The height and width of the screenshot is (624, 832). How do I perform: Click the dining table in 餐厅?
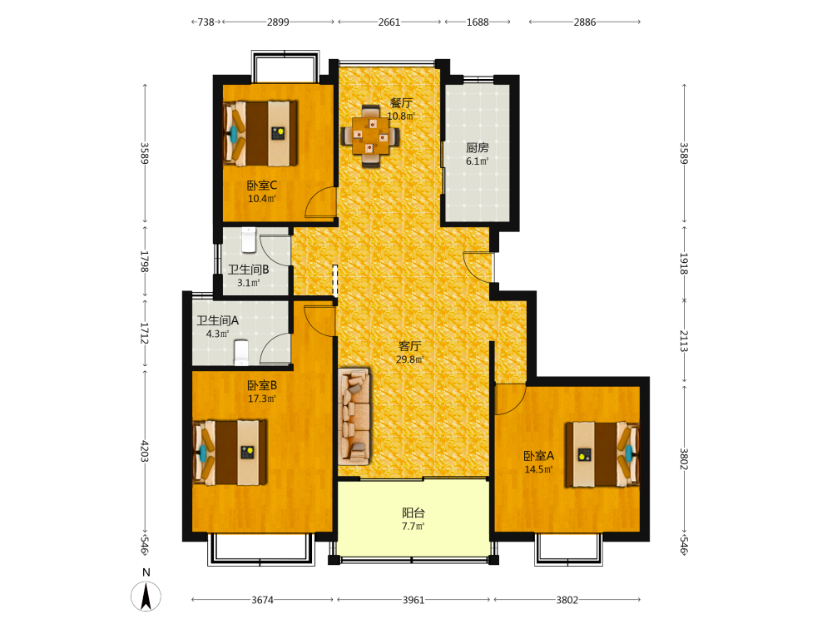370,136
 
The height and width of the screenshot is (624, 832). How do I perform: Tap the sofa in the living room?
354,416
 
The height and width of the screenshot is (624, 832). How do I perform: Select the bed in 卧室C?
260,133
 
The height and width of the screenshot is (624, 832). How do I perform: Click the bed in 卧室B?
230,453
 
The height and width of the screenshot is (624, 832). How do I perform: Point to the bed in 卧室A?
602,455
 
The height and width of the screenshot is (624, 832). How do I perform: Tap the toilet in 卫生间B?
249,240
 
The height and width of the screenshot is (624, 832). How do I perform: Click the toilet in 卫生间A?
241,352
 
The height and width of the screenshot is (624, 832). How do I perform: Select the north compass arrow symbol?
146,596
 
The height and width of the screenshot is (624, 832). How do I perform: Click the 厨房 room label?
477,147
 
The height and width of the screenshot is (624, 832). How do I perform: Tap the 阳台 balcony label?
413,513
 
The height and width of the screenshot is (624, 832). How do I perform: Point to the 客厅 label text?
409,346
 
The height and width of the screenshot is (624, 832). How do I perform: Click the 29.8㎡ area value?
409,359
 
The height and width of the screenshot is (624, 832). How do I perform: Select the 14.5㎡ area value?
538,469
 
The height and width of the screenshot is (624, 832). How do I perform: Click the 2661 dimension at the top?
389,22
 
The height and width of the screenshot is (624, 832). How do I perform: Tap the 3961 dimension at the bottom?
414,600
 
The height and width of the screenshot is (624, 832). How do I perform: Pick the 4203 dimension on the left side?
144,451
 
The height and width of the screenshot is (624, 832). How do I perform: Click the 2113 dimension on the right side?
684,341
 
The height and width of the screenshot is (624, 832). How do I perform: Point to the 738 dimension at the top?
206,22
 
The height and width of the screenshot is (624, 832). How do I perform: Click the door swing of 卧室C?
321,202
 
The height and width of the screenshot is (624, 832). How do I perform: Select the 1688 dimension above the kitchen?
478,22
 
